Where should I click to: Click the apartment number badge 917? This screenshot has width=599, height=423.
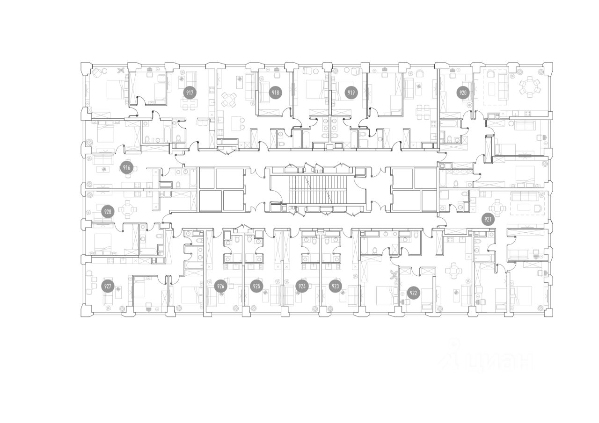[x=190, y=93]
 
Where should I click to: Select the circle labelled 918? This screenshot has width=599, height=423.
[x=276, y=93]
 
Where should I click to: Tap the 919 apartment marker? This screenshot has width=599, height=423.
[x=351, y=93]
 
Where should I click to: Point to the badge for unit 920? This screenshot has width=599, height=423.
[x=463, y=93]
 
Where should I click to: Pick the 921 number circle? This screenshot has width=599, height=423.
[x=488, y=220]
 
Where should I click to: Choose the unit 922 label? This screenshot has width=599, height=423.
[x=413, y=293]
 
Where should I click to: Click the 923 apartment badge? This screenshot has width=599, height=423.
[x=336, y=287]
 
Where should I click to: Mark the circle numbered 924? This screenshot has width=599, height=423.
[x=302, y=287]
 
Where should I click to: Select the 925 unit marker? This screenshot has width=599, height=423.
[x=256, y=287]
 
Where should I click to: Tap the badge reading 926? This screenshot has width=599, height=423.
[x=220, y=287]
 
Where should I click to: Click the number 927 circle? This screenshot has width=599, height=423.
[x=108, y=287]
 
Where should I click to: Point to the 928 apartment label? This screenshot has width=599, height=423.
[x=108, y=212]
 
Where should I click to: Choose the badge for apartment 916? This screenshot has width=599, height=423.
[x=126, y=168]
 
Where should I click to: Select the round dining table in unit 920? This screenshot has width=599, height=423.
[x=530, y=86]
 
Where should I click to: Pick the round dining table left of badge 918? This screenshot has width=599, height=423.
[x=229, y=99]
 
